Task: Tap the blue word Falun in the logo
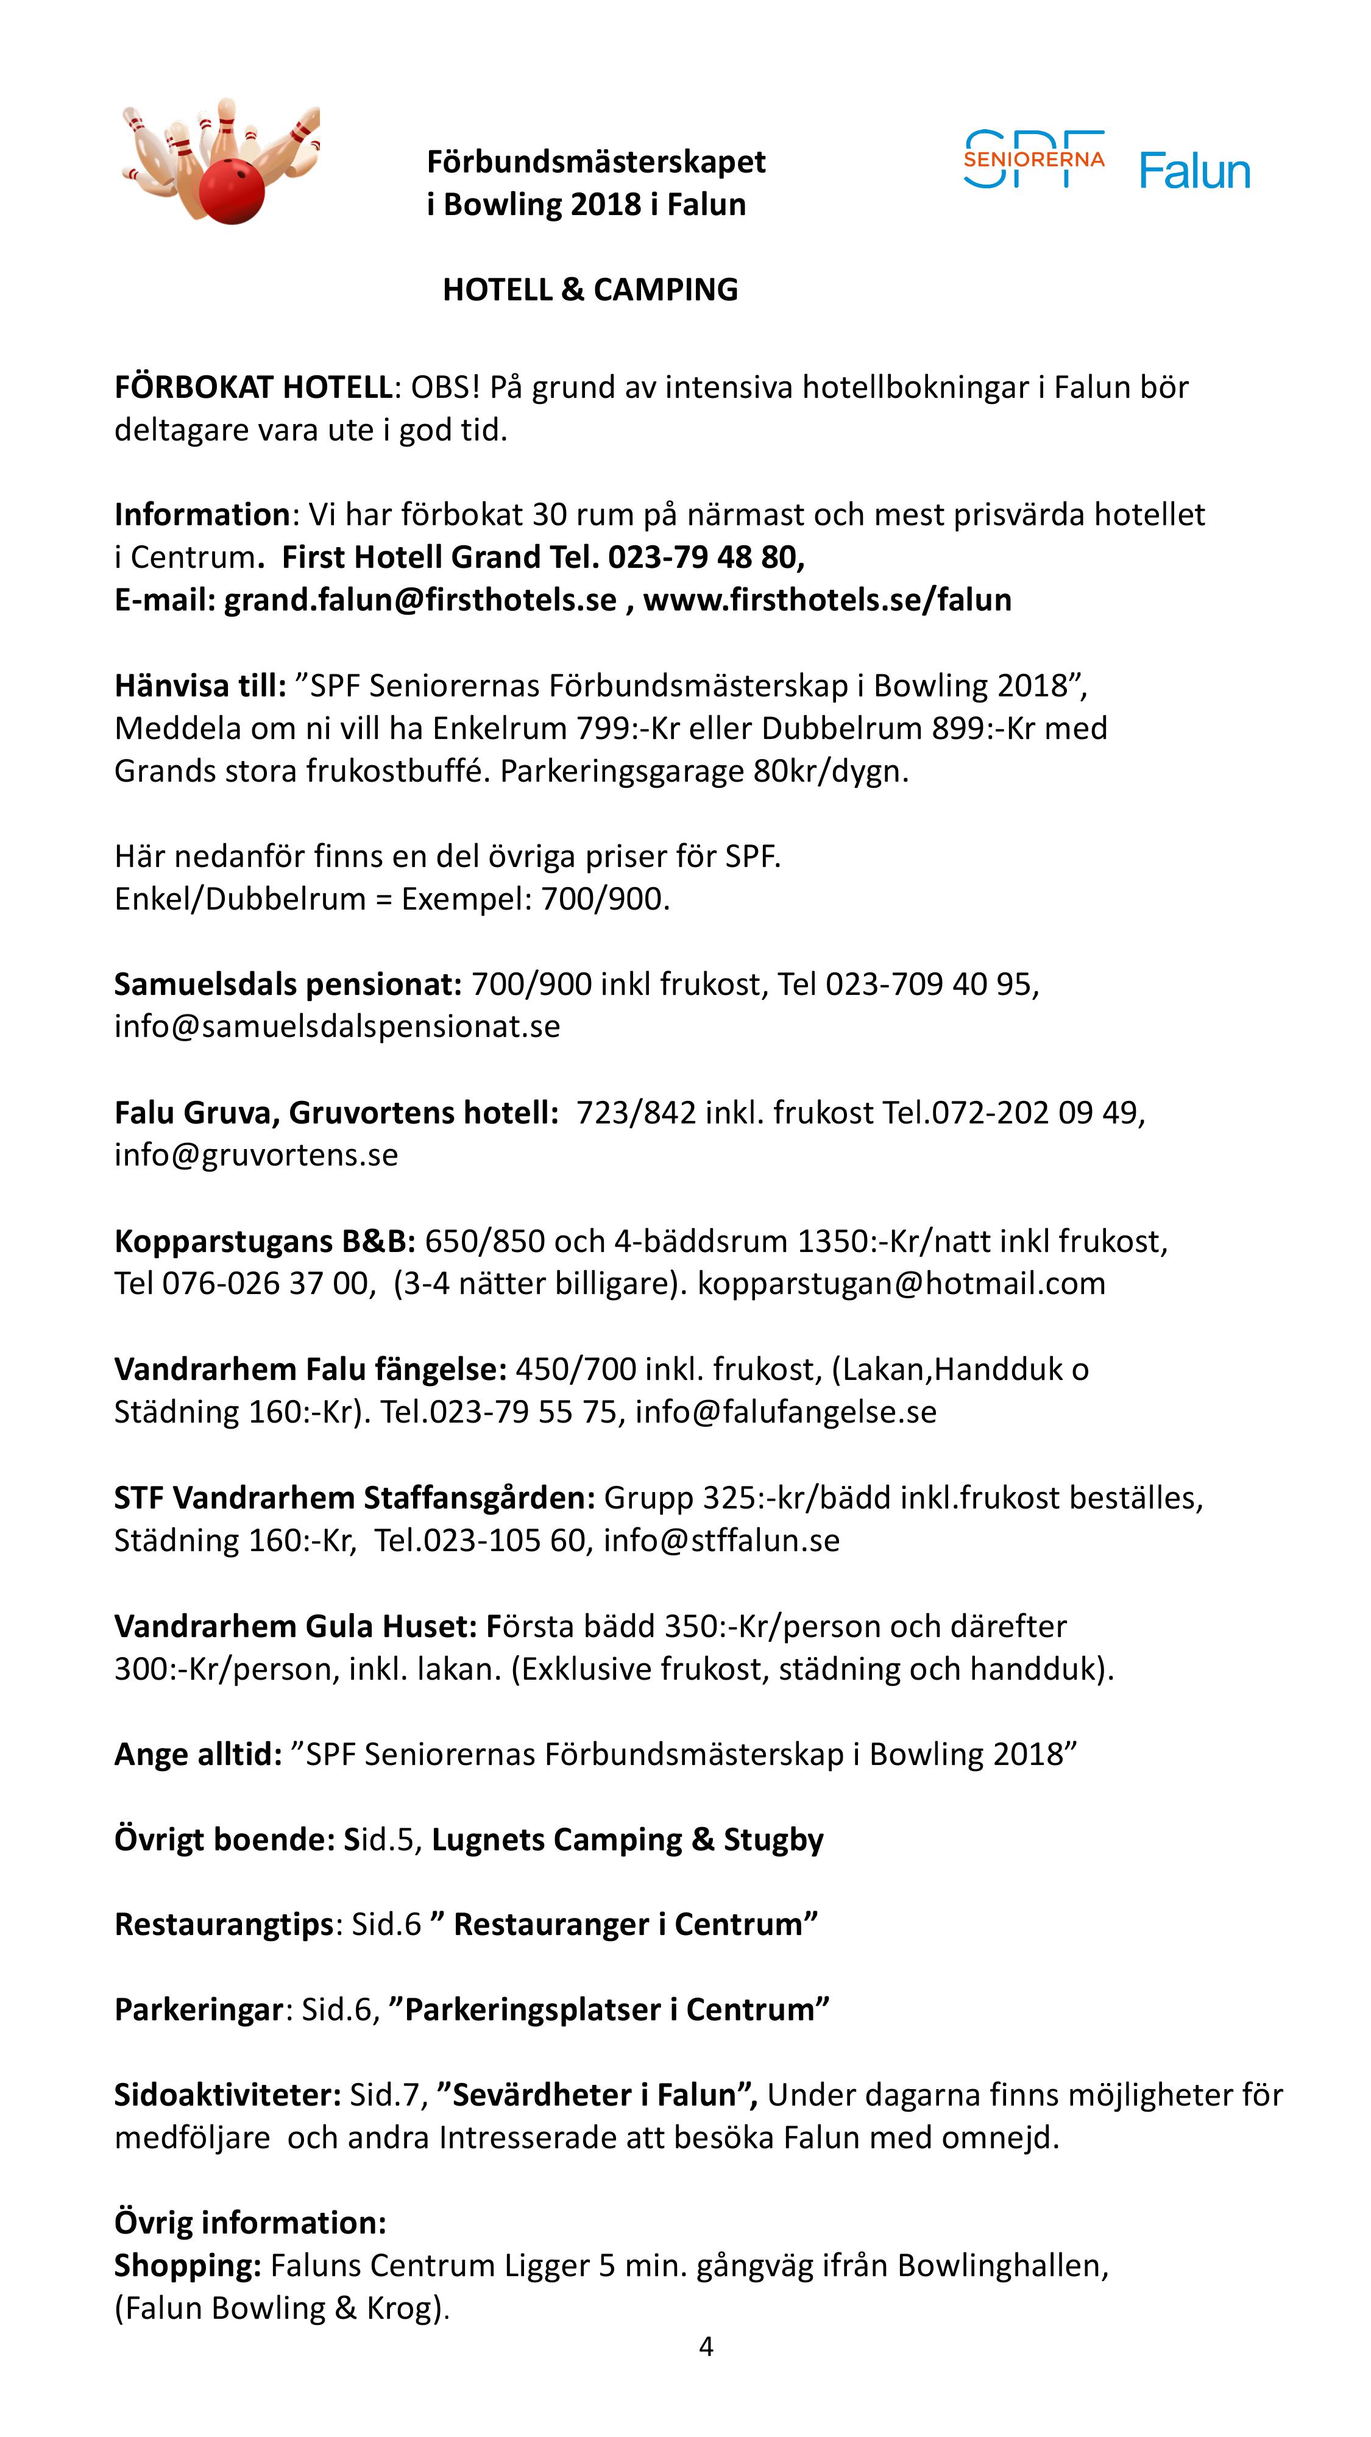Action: pyautogui.click(x=1194, y=171)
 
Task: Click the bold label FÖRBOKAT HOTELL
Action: pyautogui.click(x=253, y=387)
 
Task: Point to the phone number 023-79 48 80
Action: pyautogui.click(x=705, y=557)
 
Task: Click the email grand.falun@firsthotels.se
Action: pyautogui.click(x=420, y=600)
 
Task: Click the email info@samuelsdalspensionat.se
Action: pyautogui.click(x=337, y=1027)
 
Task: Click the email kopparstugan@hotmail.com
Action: pyautogui.click(x=901, y=1284)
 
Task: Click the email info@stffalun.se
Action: pyautogui.click(x=721, y=1540)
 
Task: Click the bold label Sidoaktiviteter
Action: pyautogui.click(x=227, y=2095)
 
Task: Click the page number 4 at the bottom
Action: pyautogui.click(x=706, y=2347)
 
